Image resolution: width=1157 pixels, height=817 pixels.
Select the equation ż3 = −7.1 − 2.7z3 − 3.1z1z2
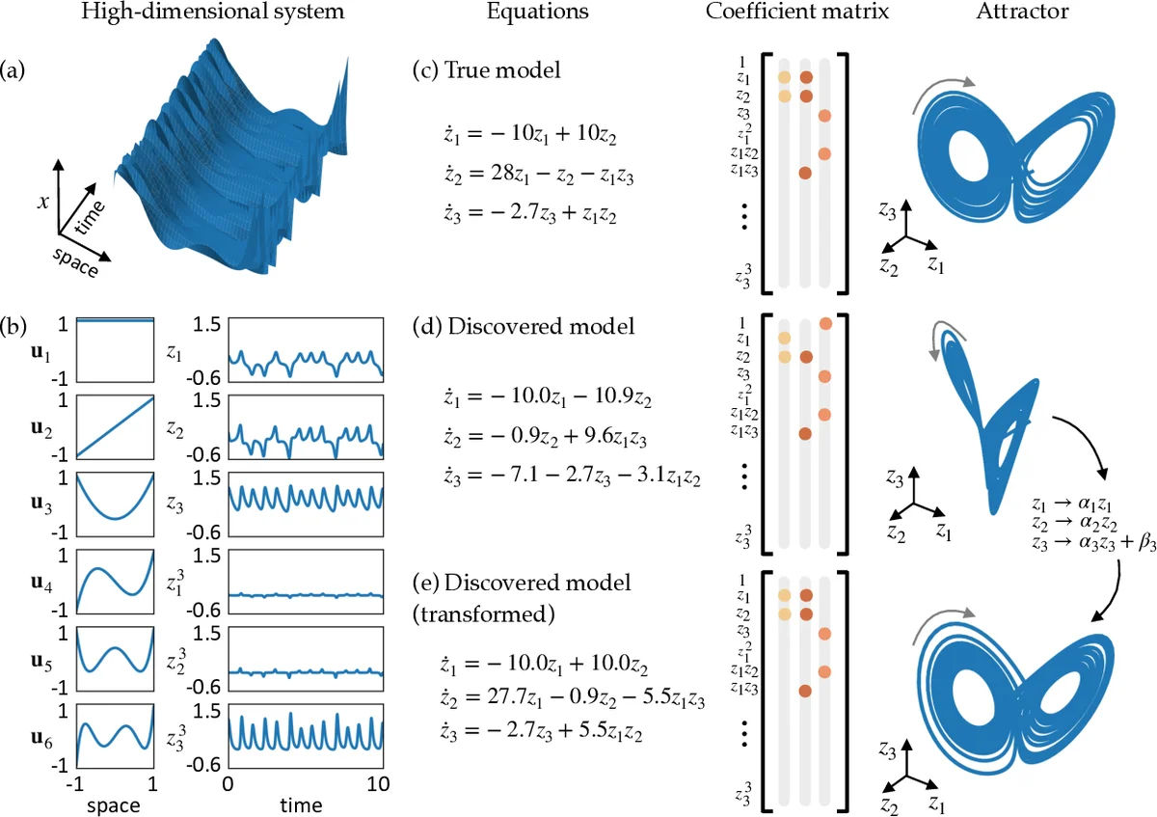[x=565, y=475]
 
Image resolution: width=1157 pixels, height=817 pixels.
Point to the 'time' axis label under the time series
[x=303, y=803]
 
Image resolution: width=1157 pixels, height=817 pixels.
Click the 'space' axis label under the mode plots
[x=115, y=803]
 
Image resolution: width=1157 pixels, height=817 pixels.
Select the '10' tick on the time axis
[x=379, y=783]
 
